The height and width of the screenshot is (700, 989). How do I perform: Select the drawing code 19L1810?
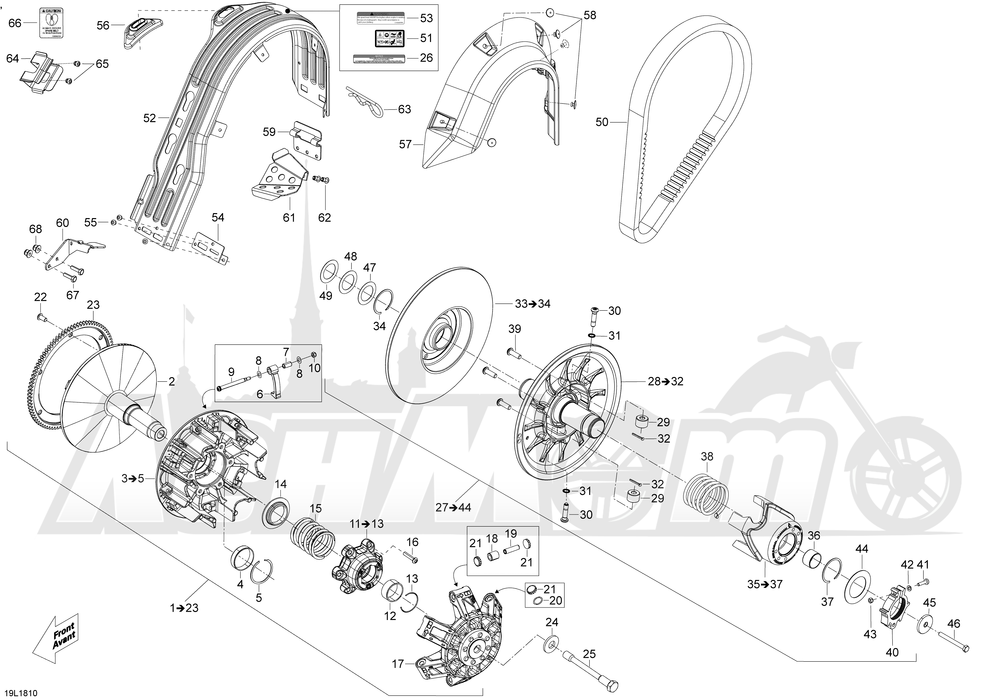tap(20, 693)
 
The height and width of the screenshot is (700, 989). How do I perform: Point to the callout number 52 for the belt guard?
tap(150, 118)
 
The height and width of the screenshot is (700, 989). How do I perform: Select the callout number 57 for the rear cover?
tap(405, 144)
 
